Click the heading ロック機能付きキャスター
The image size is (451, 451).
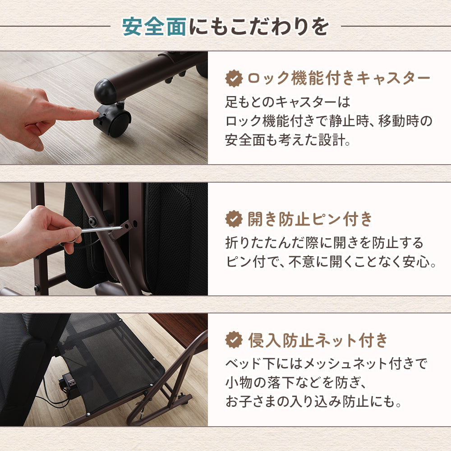coord(339,78)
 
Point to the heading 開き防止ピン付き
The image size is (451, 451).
coord(310,220)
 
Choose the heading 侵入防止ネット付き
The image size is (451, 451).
coord(318,340)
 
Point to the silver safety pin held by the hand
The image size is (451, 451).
coord(101,230)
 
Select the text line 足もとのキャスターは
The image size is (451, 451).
coord(287,102)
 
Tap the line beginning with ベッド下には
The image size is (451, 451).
coord(326,363)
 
